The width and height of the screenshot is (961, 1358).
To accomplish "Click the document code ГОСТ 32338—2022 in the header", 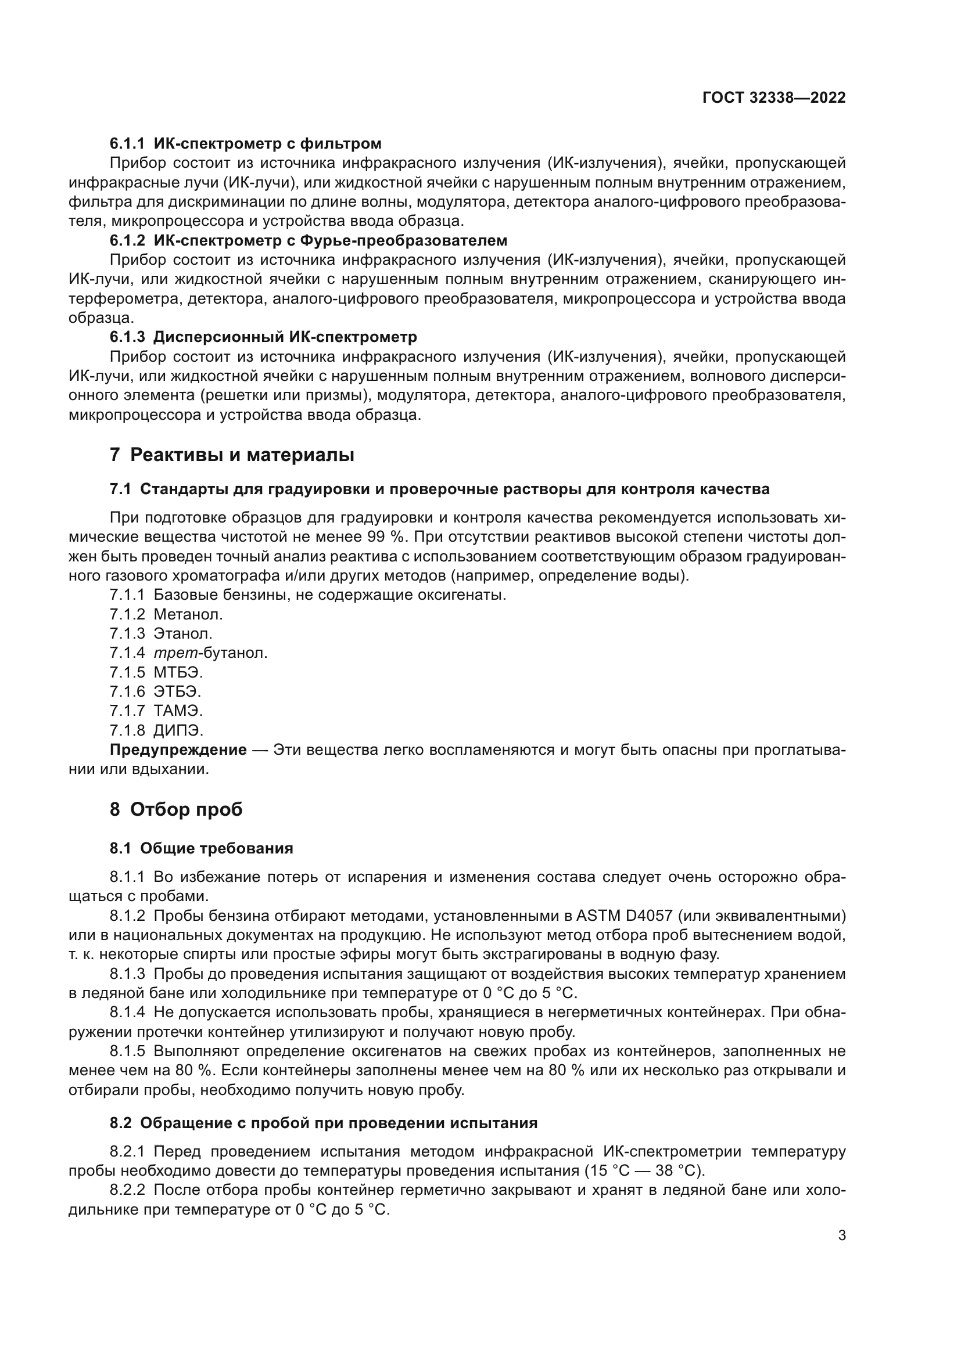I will click(773, 98).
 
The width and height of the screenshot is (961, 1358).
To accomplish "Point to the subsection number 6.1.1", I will click(127, 143).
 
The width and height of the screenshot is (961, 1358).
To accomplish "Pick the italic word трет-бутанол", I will click(210, 653).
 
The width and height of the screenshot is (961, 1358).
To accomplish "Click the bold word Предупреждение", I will click(178, 750).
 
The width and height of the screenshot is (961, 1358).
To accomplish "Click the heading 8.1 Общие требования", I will click(201, 848).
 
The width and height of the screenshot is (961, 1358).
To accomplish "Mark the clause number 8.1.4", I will click(127, 1012).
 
